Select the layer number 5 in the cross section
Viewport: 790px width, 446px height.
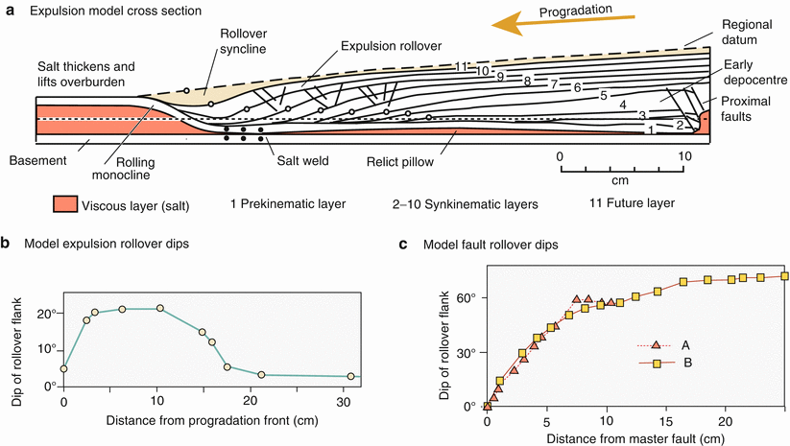[604, 96]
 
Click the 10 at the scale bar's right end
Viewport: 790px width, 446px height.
[682, 154]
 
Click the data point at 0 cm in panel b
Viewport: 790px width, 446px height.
[64, 368]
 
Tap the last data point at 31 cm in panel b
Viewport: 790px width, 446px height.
[350, 376]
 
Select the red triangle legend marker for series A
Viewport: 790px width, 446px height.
[656, 345]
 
